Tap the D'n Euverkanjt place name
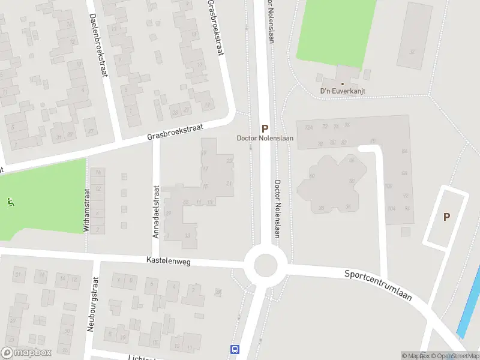[343, 91]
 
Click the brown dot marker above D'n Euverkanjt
[343, 84]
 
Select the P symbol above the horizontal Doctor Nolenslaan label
[264, 128]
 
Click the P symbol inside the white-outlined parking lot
[446, 217]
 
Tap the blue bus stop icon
[234, 349]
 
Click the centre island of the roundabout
[265, 265]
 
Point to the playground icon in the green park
[10, 201]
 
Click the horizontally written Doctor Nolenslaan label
[264, 139]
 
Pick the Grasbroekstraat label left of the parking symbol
[176, 132]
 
